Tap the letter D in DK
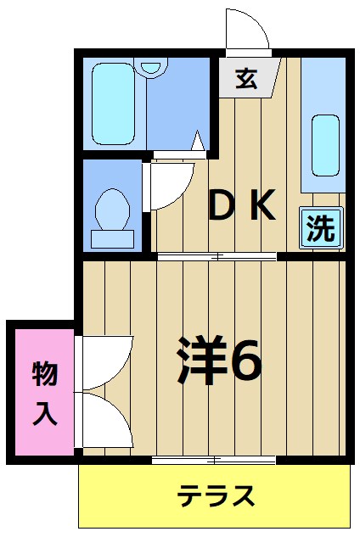(223, 204)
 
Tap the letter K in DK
(263, 204)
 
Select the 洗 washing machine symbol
(321, 228)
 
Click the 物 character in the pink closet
(45, 373)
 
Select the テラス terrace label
(217, 496)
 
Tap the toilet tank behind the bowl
(112, 238)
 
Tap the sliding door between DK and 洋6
(217, 255)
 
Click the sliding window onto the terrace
(214, 460)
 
